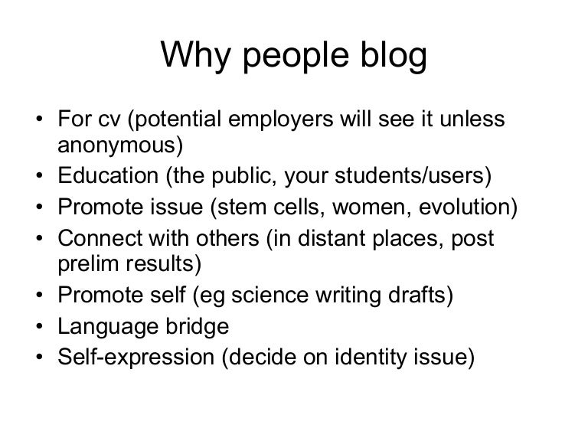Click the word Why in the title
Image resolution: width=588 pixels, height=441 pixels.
(195, 55)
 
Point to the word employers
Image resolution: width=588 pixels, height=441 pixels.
(280, 120)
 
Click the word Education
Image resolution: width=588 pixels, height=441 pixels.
(108, 175)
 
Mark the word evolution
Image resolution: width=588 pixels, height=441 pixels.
(464, 207)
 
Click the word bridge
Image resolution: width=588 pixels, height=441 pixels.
(198, 327)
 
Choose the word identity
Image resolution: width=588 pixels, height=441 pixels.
(371, 358)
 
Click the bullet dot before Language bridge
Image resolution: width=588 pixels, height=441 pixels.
(40, 327)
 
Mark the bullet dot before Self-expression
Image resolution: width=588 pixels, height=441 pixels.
(40, 357)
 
